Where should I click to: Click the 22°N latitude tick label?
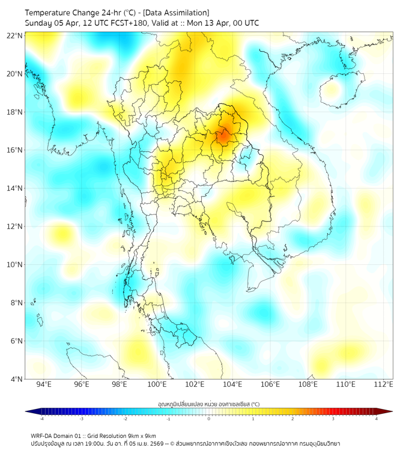pos(15,35)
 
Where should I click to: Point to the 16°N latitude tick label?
pos(15,150)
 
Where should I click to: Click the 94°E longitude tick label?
pos(44,384)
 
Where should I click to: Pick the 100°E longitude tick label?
pos(157,384)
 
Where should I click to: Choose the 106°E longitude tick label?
pos(270,384)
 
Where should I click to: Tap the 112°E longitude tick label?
pos(383,384)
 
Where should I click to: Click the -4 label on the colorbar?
pos(41,419)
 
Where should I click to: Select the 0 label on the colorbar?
pos(209,419)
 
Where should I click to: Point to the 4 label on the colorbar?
pos(377,419)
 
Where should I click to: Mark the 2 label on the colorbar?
pos(292,419)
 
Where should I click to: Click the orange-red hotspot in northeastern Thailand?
pos(222,136)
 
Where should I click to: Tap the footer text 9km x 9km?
pos(142,435)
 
